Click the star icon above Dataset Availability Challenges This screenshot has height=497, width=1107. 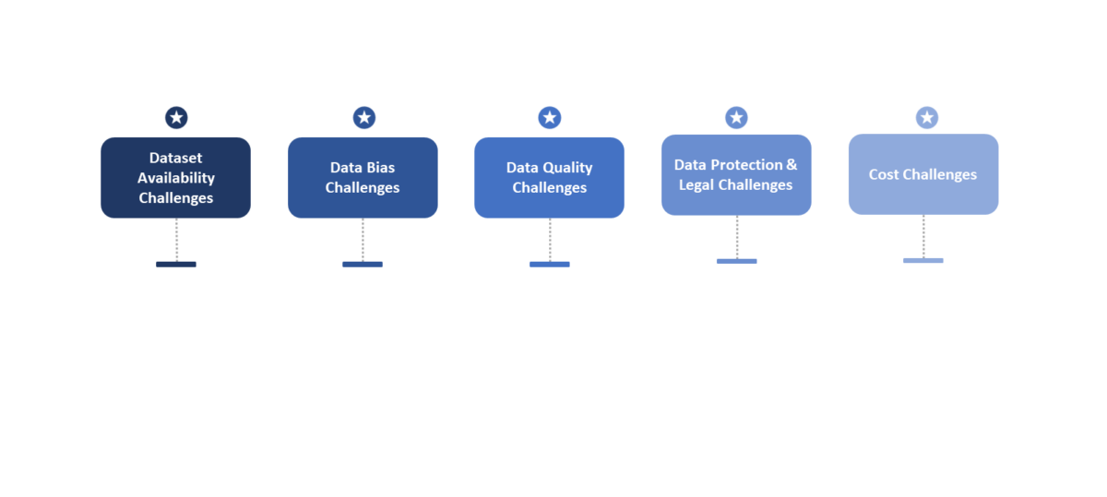[x=176, y=117]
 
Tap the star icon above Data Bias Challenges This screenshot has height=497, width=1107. [x=364, y=117]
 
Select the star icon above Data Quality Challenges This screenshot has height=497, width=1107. [x=550, y=117]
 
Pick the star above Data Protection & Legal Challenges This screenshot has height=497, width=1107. [x=736, y=117]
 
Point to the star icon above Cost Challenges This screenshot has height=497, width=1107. [x=927, y=117]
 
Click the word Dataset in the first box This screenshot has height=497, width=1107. [x=176, y=158]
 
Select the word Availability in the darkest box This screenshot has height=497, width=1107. [x=176, y=178]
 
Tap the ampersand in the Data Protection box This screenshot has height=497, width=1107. [x=792, y=164]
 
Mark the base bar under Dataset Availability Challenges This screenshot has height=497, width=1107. [x=176, y=265]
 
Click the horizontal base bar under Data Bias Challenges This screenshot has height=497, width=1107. [x=363, y=265]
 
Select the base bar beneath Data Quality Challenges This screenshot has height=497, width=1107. [x=550, y=265]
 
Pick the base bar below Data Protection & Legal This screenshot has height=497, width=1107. [x=736, y=261]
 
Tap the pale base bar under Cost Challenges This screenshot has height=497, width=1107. [x=923, y=261]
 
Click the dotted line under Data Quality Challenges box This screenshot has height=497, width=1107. [x=550, y=240]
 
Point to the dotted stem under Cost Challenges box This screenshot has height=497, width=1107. [x=923, y=236]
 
